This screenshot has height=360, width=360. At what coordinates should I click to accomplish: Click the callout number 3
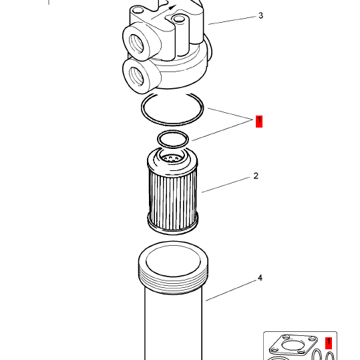(x=260, y=15)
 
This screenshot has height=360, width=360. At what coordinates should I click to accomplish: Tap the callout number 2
(x=256, y=176)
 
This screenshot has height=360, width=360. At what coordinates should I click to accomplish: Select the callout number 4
(x=260, y=278)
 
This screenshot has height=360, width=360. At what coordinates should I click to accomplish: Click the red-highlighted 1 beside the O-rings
(x=259, y=122)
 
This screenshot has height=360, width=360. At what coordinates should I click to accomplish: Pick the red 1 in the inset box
(x=329, y=343)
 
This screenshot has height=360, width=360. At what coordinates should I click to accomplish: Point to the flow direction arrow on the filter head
(x=164, y=13)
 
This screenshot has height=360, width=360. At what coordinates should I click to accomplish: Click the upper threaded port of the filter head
(x=136, y=43)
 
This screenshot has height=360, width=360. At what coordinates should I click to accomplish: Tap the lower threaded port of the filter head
(x=136, y=75)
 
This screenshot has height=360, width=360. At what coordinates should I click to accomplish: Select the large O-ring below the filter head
(x=172, y=125)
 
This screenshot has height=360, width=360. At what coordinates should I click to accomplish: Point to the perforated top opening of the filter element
(x=172, y=158)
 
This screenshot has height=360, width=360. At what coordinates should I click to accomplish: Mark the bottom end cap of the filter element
(x=172, y=230)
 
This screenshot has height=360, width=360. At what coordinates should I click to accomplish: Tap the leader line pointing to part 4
(x=231, y=290)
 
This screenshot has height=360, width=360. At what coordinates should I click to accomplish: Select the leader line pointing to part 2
(x=226, y=185)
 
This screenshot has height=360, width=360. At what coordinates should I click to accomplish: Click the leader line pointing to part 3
(x=232, y=20)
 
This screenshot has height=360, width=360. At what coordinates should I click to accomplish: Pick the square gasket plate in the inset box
(x=293, y=345)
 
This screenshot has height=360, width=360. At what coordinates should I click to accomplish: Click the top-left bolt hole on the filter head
(x=138, y=10)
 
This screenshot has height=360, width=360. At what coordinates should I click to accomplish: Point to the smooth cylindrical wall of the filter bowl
(x=174, y=326)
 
